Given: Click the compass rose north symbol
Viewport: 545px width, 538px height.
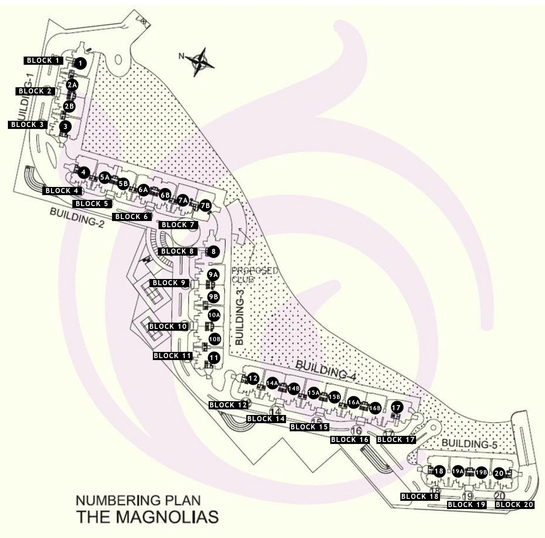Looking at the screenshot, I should [201, 62].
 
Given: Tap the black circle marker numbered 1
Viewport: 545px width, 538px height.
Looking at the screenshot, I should [81, 63].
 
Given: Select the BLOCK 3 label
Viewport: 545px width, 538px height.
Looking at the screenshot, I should [28, 125].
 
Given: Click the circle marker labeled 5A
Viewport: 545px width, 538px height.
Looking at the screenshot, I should [105, 177].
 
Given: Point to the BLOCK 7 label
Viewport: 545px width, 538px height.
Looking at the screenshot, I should [178, 225].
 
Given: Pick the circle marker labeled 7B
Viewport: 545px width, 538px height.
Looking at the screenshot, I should [206, 206].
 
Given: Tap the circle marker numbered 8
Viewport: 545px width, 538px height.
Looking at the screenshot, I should [214, 251].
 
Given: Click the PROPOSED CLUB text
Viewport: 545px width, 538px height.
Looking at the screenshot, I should [254, 275].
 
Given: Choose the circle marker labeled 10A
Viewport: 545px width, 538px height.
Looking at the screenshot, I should [214, 315].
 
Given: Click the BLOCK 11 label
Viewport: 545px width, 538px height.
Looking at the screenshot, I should [172, 356].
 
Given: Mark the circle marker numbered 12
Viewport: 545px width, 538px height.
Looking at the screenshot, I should [253, 378].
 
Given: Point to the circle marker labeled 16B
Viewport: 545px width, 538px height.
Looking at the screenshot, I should [375, 408].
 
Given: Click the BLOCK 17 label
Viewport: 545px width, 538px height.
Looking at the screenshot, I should [396, 439].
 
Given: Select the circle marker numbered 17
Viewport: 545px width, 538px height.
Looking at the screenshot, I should [396, 407].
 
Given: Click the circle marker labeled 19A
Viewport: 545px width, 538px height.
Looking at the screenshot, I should [458, 471].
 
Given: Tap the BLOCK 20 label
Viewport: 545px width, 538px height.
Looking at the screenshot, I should [514, 505].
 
